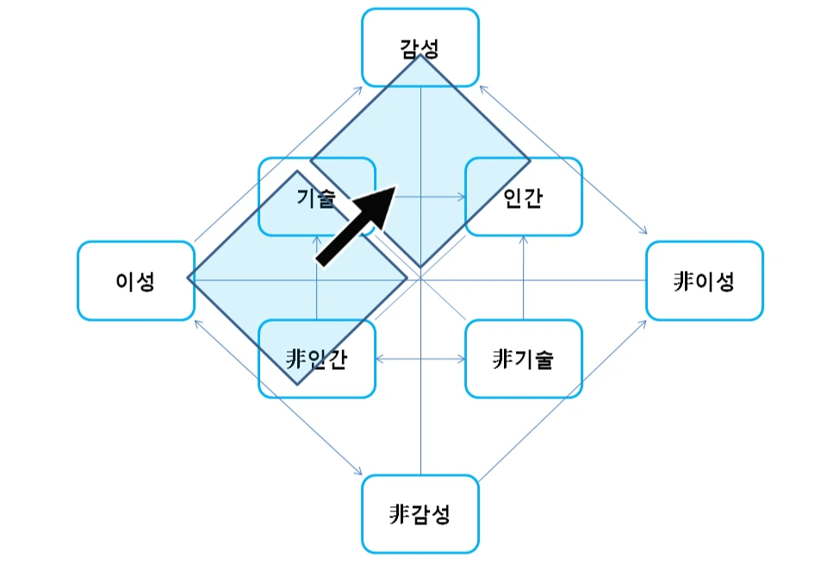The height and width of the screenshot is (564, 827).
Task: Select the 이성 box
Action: [x=135, y=281]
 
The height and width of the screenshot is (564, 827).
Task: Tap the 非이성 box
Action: [x=705, y=281]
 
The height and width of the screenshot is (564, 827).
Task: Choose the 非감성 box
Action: [x=420, y=514]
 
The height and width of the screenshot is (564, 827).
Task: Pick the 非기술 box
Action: [x=524, y=359]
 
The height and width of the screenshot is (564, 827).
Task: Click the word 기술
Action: [x=315, y=197]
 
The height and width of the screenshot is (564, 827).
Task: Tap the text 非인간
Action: [x=316, y=359]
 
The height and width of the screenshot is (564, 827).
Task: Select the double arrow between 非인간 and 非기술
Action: [x=420, y=359]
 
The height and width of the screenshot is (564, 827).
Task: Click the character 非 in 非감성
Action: [x=398, y=515]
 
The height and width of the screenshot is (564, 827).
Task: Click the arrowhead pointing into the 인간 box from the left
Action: [x=460, y=197]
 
